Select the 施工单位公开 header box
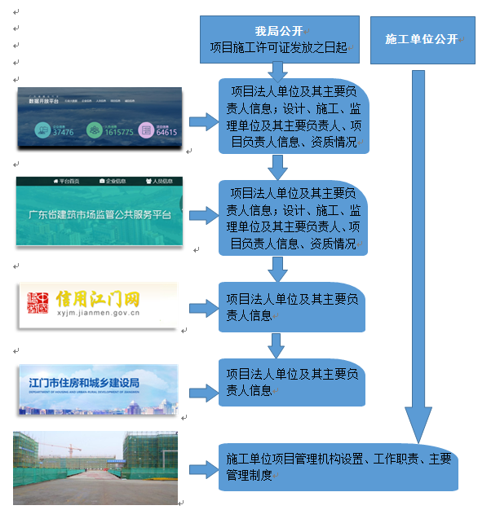422,39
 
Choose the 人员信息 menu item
159,181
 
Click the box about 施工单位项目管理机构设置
338,467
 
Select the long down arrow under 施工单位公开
418,253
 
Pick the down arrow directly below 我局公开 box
278,70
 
